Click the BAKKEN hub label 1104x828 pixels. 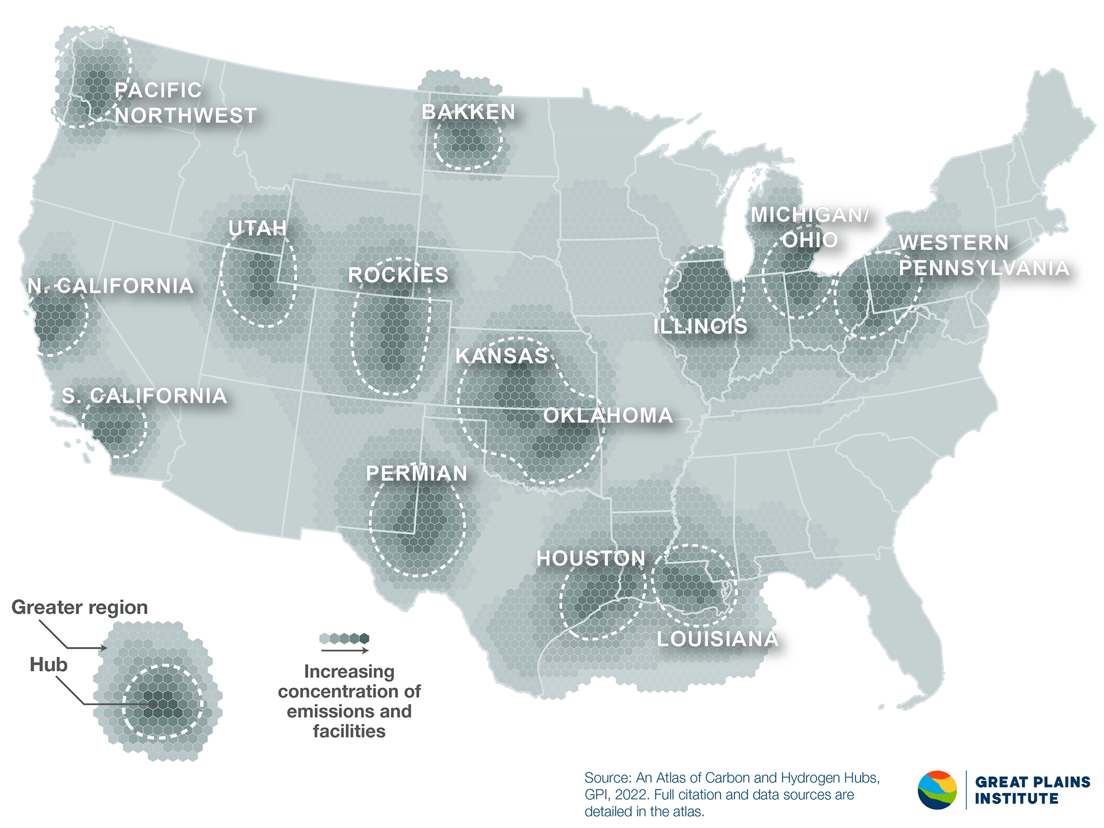(468, 112)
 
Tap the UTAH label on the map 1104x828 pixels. (257, 228)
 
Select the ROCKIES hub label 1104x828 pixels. (398, 275)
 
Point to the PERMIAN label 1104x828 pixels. (416, 473)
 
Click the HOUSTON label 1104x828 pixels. (591, 558)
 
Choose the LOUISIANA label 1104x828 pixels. (717, 639)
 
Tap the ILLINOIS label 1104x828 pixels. (700, 327)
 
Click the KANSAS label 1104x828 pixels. (501, 356)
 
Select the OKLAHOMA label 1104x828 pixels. (608, 415)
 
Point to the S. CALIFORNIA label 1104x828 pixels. (144, 396)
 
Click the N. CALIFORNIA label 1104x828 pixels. (110, 286)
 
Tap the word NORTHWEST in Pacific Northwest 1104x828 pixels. (185, 116)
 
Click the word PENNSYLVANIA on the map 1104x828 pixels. (984, 267)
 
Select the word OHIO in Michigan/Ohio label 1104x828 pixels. (810, 240)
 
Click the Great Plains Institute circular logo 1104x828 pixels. (937, 790)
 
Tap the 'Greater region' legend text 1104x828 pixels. (79, 607)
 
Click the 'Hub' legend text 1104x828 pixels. (48, 665)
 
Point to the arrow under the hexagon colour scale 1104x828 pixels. (344, 650)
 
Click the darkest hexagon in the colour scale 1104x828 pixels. (364, 638)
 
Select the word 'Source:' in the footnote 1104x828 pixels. (607, 778)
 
